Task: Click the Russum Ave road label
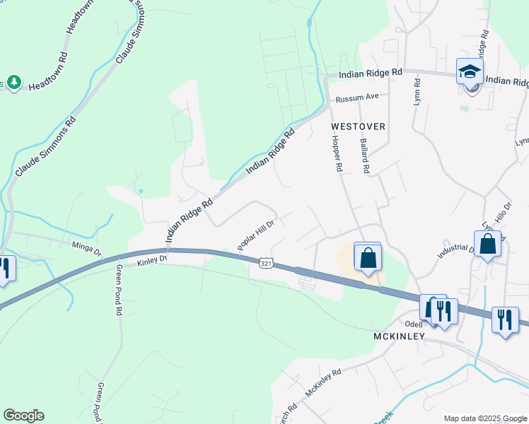pyautogui.click(x=358, y=98)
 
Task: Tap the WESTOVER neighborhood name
pyautogui.click(x=359, y=126)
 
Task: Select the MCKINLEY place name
pyautogui.click(x=399, y=336)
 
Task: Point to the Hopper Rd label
pyautogui.click(x=337, y=155)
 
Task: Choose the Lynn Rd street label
pyautogui.click(x=417, y=92)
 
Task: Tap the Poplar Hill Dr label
pyautogui.click(x=255, y=233)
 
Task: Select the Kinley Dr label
pyautogui.click(x=152, y=260)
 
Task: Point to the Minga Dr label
pyautogui.click(x=87, y=247)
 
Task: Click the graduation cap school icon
pyautogui.click(x=469, y=72)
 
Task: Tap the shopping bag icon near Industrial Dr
pyautogui.click(x=488, y=245)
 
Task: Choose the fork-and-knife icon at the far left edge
pyautogui.click(x=4, y=269)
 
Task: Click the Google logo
pyautogui.click(x=23, y=416)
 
